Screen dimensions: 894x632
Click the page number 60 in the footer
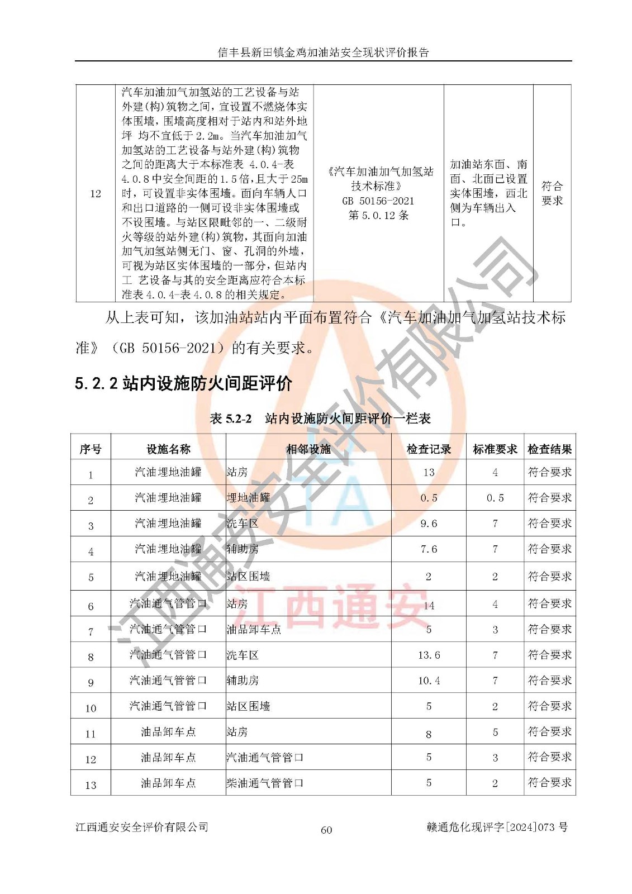click(x=326, y=830)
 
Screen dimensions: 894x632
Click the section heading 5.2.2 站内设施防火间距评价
click(x=183, y=383)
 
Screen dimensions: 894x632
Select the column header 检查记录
click(x=429, y=449)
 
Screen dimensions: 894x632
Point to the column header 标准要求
click(x=495, y=449)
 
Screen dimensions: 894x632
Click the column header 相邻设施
click(x=308, y=449)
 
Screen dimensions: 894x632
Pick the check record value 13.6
click(x=429, y=655)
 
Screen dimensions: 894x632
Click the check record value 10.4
click(x=429, y=681)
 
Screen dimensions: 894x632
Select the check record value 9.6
click(x=429, y=524)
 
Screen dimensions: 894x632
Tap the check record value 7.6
click(x=429, y=549)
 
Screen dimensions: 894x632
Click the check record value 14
click(x=429, y=605)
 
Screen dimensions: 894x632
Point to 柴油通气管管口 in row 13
click(x=265, y=783)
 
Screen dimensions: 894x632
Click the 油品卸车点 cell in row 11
click(x=168, y=732)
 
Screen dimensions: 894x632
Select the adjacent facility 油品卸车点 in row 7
click(x=254, y=630)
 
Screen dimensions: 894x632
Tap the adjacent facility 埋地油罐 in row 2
click(x=248, y=498)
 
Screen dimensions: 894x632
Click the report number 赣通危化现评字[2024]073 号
click(x=497, y=827)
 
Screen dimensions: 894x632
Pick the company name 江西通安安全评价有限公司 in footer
click(x=142, y=827)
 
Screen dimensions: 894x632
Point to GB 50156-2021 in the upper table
click(x=378, y=201)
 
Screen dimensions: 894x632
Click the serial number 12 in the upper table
click(x=96, y=194)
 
